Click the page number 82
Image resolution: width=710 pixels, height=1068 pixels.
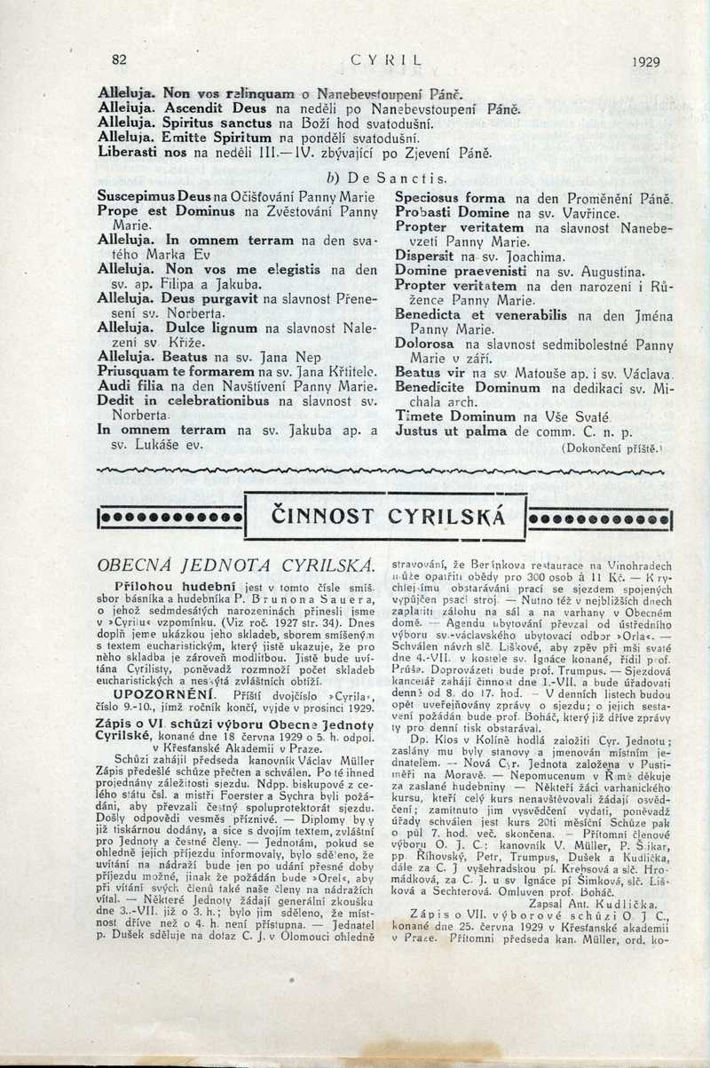click(x=119, y=60)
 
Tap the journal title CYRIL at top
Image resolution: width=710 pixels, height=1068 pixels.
click(x=385, y=61)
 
